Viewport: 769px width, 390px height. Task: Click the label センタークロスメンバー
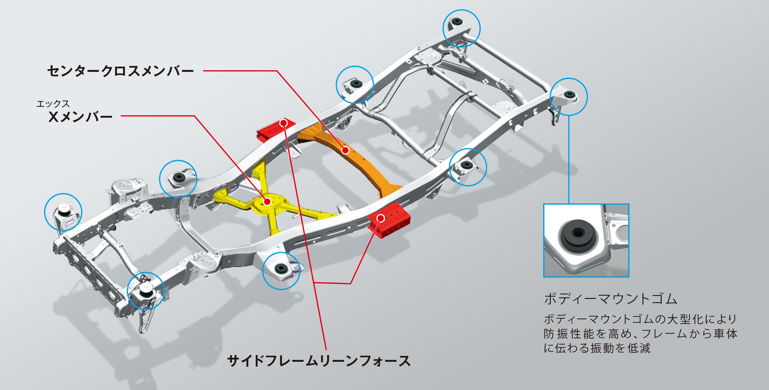120,71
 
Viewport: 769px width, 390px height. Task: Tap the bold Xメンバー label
80,117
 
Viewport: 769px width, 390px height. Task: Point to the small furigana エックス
53,104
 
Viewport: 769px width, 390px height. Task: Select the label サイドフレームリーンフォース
319,361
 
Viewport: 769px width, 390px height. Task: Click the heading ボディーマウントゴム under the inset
611,299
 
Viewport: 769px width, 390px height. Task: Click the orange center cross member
359,160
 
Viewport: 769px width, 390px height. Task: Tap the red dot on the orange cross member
345,150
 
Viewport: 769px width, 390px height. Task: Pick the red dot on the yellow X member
267,202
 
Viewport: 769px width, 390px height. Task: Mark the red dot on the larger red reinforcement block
381,218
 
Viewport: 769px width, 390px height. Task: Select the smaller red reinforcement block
272,130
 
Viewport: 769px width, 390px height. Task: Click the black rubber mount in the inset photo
578,234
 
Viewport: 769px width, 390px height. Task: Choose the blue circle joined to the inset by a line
569,97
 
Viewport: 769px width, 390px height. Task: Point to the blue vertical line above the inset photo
569,160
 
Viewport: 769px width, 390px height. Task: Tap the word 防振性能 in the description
569,334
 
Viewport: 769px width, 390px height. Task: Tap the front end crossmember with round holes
87,273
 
